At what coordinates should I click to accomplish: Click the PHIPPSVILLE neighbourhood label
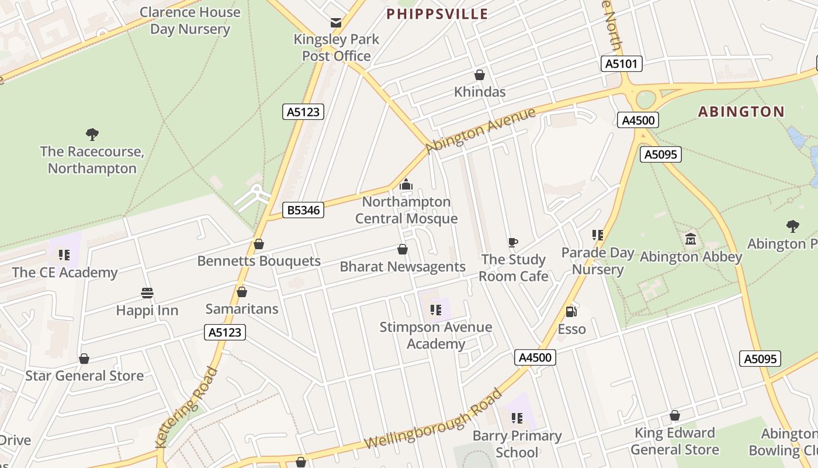(x=437, y=14)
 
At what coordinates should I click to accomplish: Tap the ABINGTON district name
(x=741, y=112)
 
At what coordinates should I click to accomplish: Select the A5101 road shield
(x=622, y=64)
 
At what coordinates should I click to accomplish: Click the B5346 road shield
(x=304, y=210)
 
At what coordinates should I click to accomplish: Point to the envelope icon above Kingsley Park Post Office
(x=336, y=23)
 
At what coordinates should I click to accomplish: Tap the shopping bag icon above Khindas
(x=480, y=75)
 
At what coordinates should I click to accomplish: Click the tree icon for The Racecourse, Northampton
(x=92, y=135)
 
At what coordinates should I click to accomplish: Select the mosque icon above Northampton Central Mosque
(x=406, y=185)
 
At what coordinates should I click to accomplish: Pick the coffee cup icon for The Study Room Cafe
(x=513, y=242)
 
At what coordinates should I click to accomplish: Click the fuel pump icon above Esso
(x=571, y=312)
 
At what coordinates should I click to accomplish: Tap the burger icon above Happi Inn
(x=147, y=293)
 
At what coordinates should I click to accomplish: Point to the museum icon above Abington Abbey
(x=691, y=239)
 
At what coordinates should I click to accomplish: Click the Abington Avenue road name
(x=480, y=130)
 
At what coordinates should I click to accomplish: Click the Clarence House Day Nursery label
(x=190, y=20)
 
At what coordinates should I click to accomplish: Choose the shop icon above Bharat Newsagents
(x=403, y=250)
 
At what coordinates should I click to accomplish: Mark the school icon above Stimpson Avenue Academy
(x=435, y=309)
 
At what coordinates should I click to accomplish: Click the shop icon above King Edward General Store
(x=675, y=416)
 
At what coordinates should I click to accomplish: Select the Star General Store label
(x=84, y=376)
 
